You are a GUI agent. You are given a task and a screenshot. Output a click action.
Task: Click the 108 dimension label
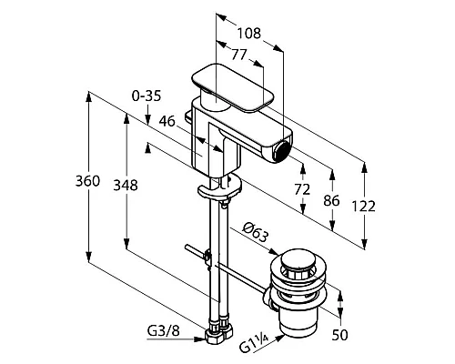click(x=248, y=33)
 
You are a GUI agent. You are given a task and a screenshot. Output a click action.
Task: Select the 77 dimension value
click(x=239, y=55)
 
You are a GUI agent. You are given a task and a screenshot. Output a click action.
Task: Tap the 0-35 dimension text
click(x=147, y=96)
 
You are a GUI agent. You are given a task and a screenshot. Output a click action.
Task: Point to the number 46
click(x=167, y=121)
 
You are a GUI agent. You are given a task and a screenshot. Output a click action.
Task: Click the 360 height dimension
click(x=87, y=181)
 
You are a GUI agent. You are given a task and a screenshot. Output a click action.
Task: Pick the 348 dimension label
click(x=126, y=185)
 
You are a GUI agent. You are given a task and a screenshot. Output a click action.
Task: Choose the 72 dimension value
click(x=302, y=189)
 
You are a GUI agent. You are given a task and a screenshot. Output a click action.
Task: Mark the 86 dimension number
click(x=331, y=201)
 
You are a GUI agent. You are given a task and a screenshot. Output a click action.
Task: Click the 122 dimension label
click(x=363, y=207)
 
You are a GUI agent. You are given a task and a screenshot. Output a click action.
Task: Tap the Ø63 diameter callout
click(x=256, y=232)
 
